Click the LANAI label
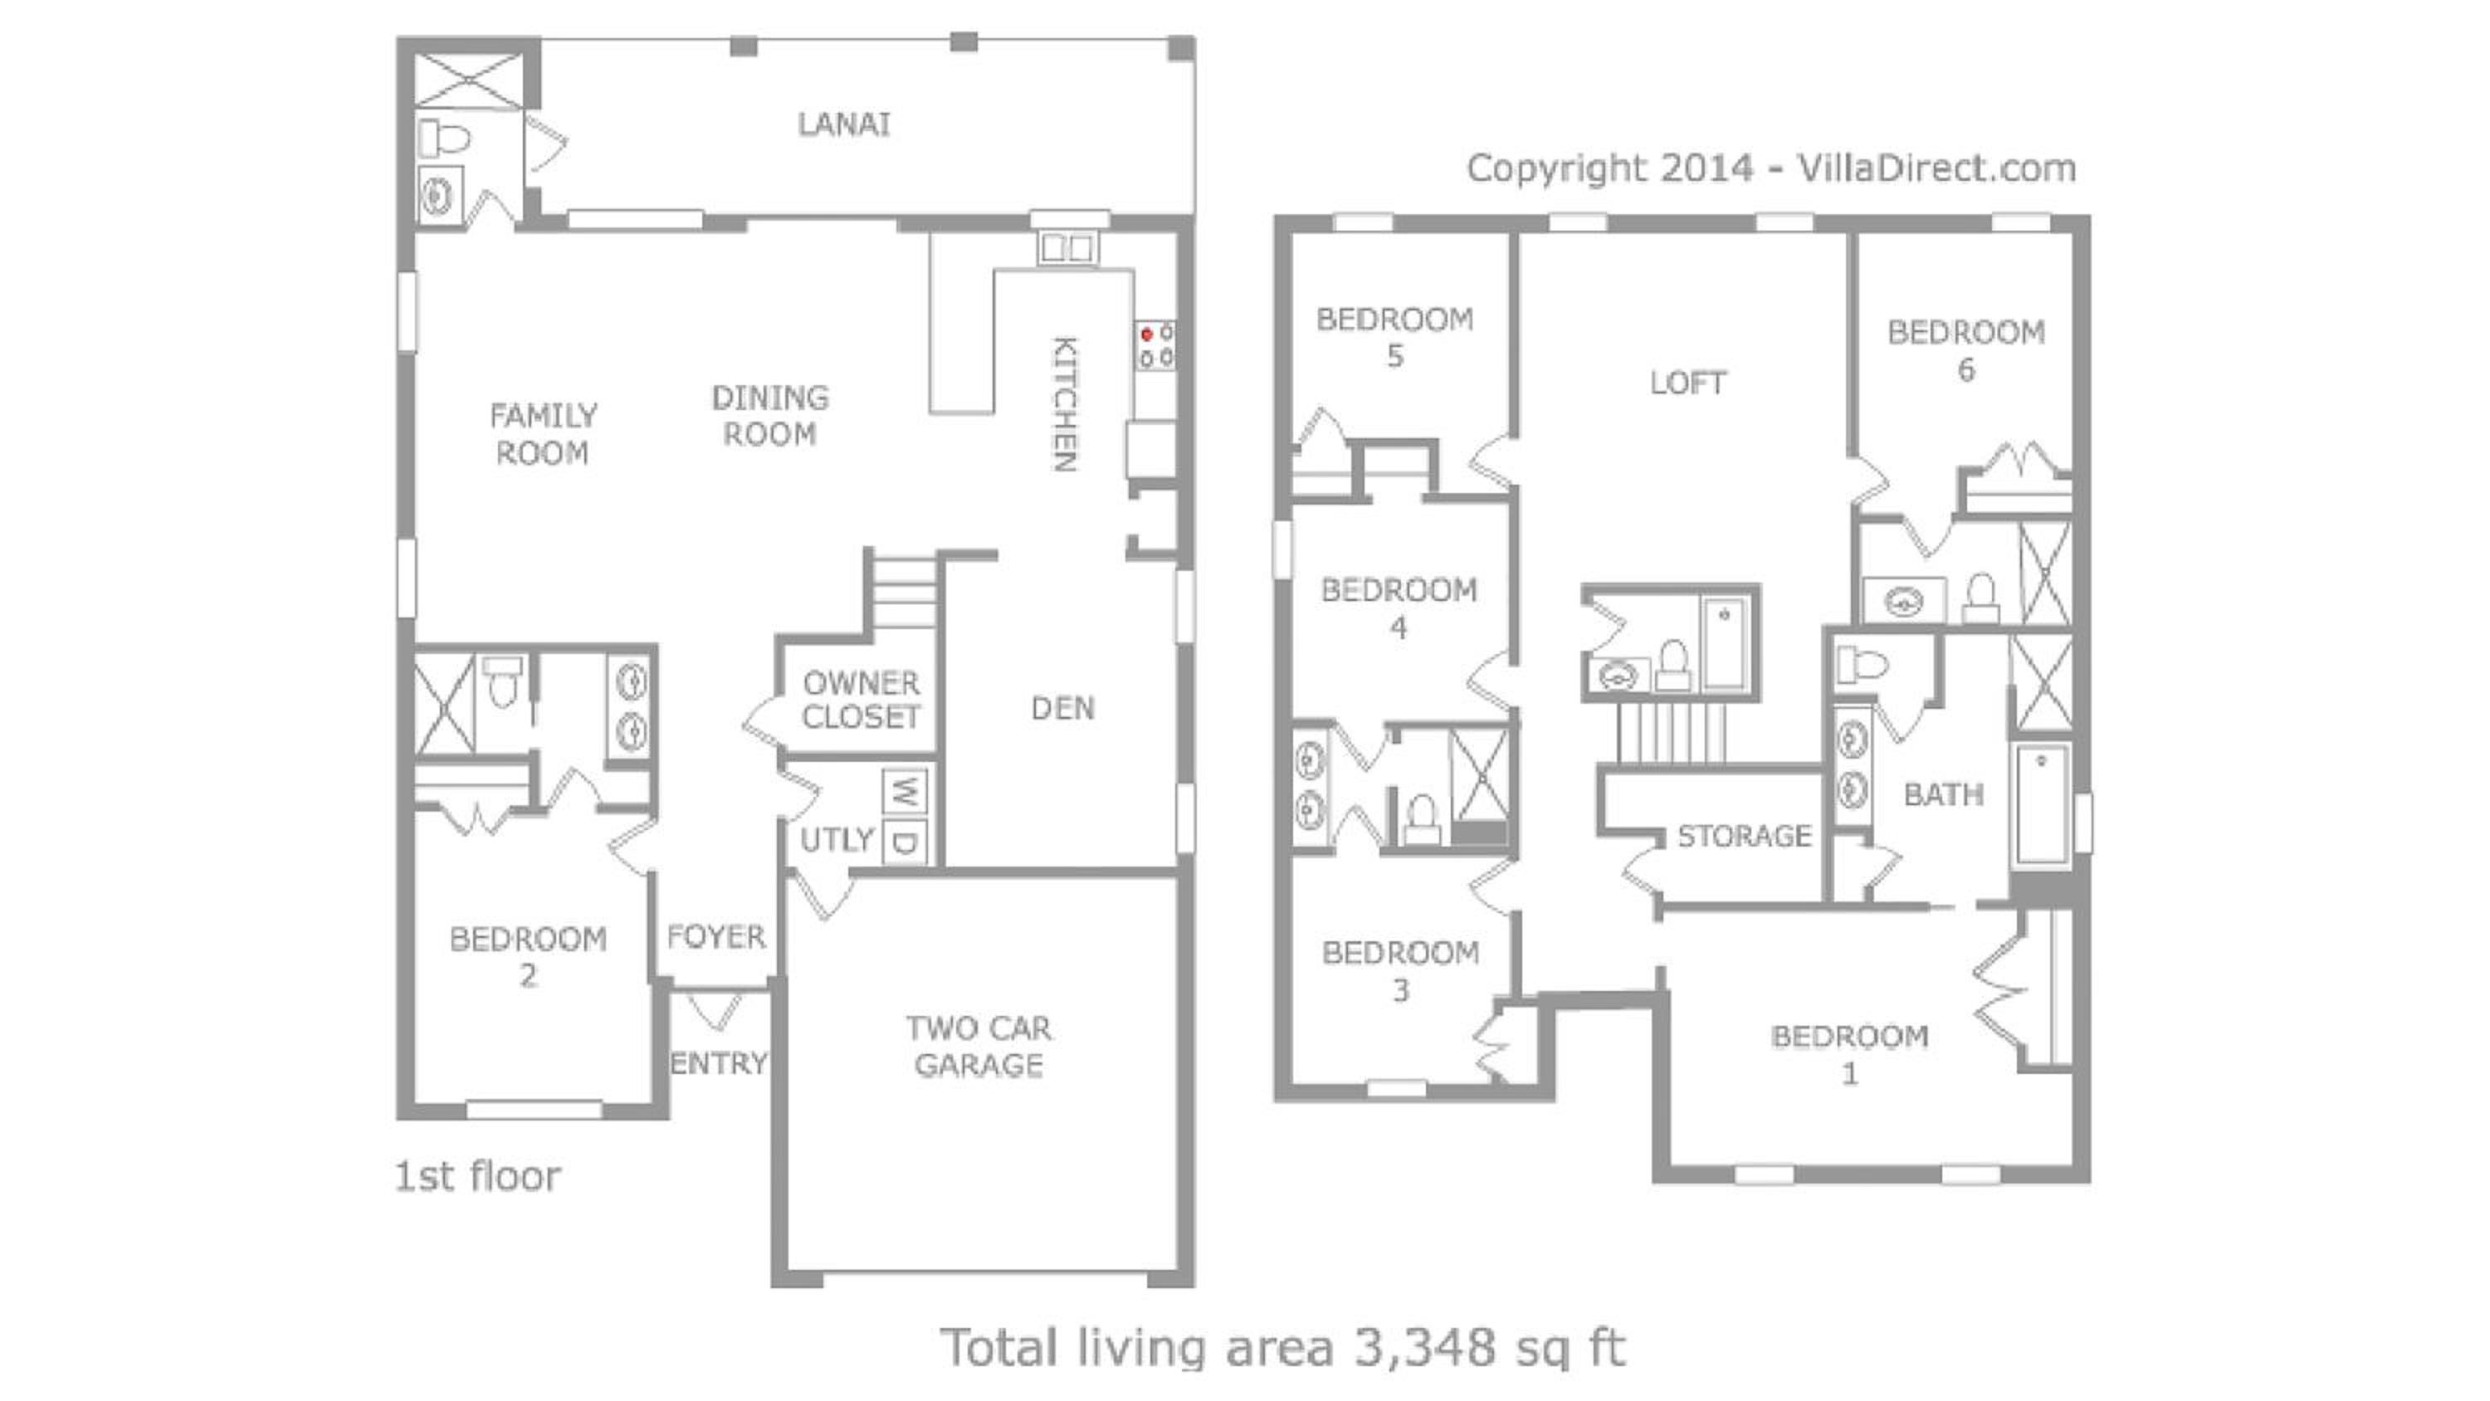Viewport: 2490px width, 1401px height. (843, 124)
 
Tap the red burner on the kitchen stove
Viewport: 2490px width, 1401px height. (1147, 334)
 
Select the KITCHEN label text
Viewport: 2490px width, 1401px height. (1064, 404)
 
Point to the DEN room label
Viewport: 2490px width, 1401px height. (1063, 709)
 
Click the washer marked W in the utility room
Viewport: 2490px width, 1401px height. (905, 792)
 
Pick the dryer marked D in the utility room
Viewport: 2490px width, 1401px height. (905, 842)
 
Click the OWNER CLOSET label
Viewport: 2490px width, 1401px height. (862, 700)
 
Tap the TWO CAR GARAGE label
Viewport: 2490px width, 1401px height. (979, 1046)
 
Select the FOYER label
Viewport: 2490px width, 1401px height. (716, 936)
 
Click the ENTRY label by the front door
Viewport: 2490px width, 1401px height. (718, 1063)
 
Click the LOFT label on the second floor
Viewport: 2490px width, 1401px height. (1687, 383)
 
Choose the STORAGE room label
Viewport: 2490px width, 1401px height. (1745, 836)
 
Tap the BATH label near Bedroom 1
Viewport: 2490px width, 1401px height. (1944, 795)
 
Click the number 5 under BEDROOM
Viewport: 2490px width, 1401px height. (1395, 356)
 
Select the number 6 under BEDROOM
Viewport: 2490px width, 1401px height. (1966, 369)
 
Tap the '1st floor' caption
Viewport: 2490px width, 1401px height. (477, 1177)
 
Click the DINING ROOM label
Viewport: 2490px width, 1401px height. (769, 416)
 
